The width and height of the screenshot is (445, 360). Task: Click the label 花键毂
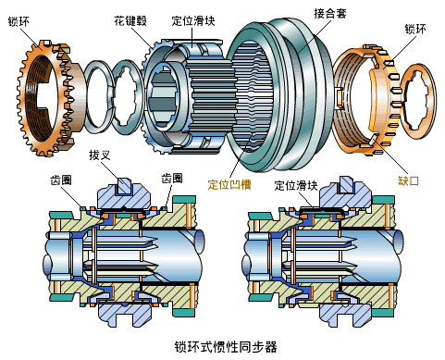pos(130,21)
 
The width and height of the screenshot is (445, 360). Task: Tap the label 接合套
pos(330,13)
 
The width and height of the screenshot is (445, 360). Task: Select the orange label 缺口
pos(409,180)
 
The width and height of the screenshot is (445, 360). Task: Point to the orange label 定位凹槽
pos(229,184)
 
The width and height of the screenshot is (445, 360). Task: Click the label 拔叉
pos(100,155)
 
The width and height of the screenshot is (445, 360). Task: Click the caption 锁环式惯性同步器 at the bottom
pos(226,347)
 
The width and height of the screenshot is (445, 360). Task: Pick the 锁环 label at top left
pos(19,21)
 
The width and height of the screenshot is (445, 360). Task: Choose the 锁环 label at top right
pos(415,29)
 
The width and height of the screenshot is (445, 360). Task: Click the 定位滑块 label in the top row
pos(193,21)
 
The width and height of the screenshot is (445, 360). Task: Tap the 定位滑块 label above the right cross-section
pos(296,185)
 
